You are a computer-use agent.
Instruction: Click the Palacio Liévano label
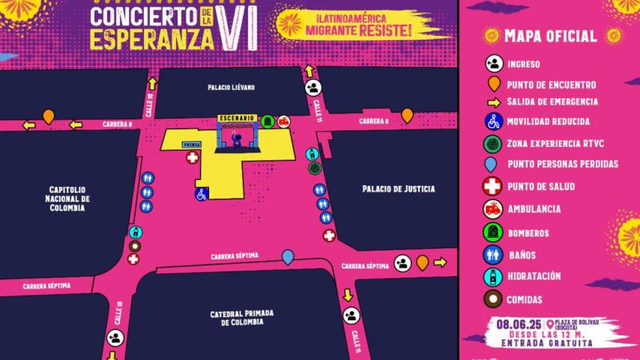tap(232, 88)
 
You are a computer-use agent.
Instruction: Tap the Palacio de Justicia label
tap(397, 189)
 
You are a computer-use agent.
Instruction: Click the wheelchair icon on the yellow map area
tap(201, 194)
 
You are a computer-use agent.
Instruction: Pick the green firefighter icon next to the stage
tap(267, 121)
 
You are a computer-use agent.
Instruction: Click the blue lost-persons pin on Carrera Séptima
tap(288, 257)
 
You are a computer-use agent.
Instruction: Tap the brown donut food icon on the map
tap(134, 246)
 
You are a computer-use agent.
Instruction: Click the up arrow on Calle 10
tap(152, 83)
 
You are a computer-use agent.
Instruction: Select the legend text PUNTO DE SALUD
tap(544, 187)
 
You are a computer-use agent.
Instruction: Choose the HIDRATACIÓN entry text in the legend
tap(534, 276)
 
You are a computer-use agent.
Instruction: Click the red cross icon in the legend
tap(492, 187)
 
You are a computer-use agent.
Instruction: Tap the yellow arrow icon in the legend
tap(493, 102)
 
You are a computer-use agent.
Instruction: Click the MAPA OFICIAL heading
tap(551, 36)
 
